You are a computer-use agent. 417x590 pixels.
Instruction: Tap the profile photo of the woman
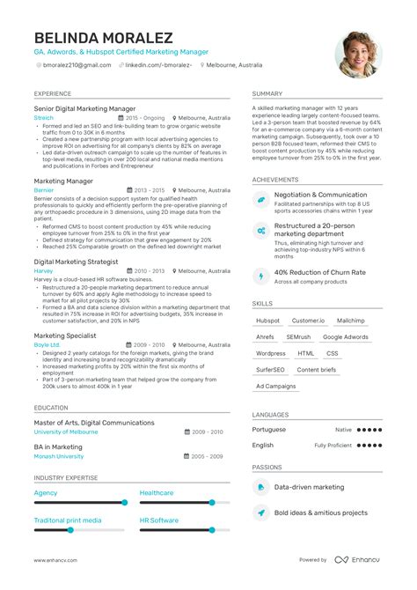coord(358,55)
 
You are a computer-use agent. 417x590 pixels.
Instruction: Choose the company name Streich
coord(44,117)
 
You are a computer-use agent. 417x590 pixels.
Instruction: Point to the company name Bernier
coord(44,189)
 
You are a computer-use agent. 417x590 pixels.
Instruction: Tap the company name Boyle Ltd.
coord(48,344)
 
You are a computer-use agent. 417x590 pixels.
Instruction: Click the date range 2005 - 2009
coord(208,456)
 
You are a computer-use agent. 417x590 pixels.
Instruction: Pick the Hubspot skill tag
coord(268,321)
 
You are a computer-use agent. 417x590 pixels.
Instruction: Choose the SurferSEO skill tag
coord(270,369)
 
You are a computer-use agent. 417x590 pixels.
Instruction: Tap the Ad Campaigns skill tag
coord(276,386)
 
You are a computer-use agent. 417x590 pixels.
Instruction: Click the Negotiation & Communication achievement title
coord(320,195)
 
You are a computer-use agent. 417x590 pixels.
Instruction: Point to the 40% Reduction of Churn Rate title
coord(319,272)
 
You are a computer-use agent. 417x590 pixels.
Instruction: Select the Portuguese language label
coord(269,429)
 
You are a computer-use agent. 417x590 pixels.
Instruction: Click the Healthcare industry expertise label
coord(157,493)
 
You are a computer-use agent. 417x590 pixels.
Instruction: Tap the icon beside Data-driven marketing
coord(261,487)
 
